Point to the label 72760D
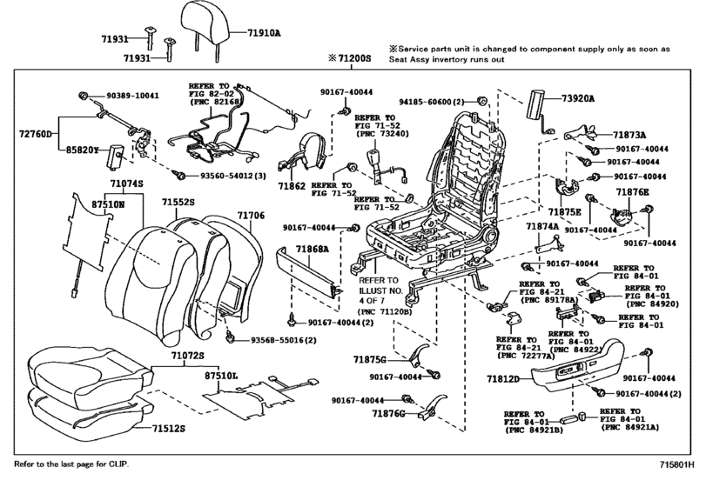tap(37, 135)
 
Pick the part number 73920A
tap(578, 99)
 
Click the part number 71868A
tap(312, 249)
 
